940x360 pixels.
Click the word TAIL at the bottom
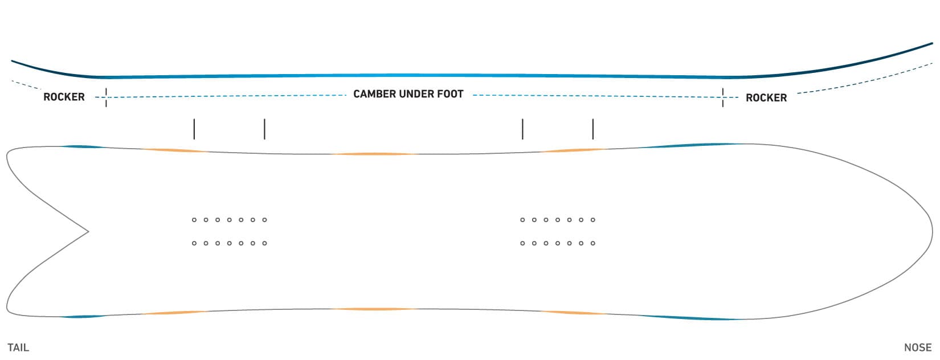point(18,347)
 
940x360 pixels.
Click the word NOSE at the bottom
point(918,347)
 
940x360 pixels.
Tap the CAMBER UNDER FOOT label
point(408,94)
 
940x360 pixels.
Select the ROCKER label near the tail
point(64,97)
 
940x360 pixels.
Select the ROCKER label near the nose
point(766,98)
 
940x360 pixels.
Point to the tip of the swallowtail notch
point(88,231)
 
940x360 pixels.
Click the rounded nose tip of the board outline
point(933,231)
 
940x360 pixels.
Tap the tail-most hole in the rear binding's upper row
point(194,220)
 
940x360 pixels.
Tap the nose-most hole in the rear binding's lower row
point(264,243)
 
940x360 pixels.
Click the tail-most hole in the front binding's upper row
point(522,220)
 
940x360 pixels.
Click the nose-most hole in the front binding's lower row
point(593,243)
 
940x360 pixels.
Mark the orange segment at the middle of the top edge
point(374,154)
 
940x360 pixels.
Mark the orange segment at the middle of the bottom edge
point(374,309)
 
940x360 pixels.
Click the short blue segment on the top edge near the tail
point(83,147)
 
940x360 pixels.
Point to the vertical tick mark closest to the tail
point(194,129)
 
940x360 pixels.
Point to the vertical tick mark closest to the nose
point(593,129)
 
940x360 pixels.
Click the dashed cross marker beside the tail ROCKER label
point(106,97)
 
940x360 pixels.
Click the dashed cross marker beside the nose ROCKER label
point(723,97)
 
